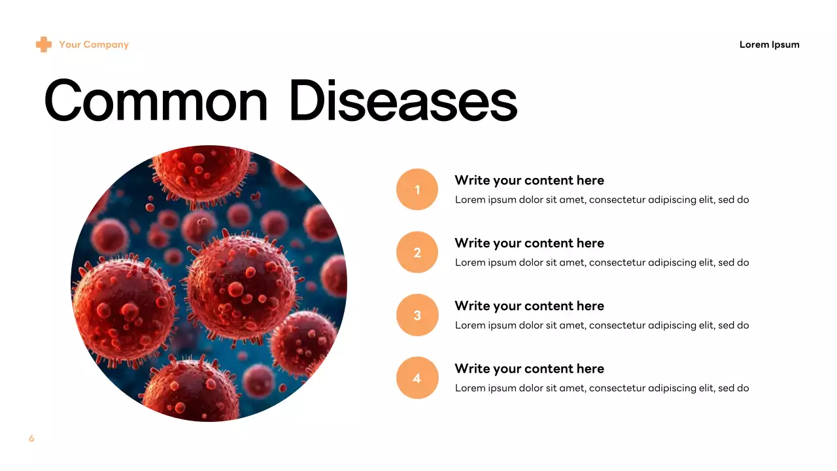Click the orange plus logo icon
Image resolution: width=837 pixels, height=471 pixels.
(43, 44)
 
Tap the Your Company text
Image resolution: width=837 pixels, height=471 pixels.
(94, 44)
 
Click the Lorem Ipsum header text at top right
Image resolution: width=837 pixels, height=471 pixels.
(769, 44)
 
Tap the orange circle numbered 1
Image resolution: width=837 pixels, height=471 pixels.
(417, 190)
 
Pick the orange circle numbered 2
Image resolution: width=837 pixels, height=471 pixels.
(417, 253)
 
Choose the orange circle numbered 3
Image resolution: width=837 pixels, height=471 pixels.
(417, 315)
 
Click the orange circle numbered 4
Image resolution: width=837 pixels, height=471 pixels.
(417, 378)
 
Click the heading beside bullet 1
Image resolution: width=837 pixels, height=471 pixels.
(529, 181)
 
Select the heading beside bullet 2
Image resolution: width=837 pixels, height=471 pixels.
(529, 243)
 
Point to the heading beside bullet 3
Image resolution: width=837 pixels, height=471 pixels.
(529, 306)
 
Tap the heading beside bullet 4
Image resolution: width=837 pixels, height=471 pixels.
(529, 369)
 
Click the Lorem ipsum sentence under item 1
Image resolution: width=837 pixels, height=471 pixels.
(602, 200)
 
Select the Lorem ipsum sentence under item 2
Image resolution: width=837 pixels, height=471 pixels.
(602, 262)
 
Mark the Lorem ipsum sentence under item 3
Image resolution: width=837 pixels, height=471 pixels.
(602, 325)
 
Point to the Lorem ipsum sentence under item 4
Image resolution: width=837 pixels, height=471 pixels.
(602, 388)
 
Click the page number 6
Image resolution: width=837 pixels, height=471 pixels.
(31, 438)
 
